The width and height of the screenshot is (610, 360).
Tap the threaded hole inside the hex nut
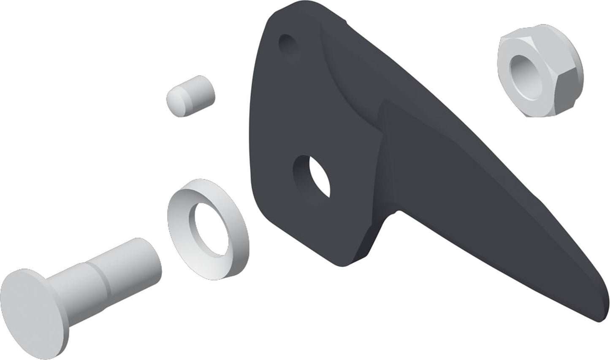(523, 68)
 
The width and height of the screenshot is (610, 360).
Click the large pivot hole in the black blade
(314, 177)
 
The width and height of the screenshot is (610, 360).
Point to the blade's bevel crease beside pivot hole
(382, 169)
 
